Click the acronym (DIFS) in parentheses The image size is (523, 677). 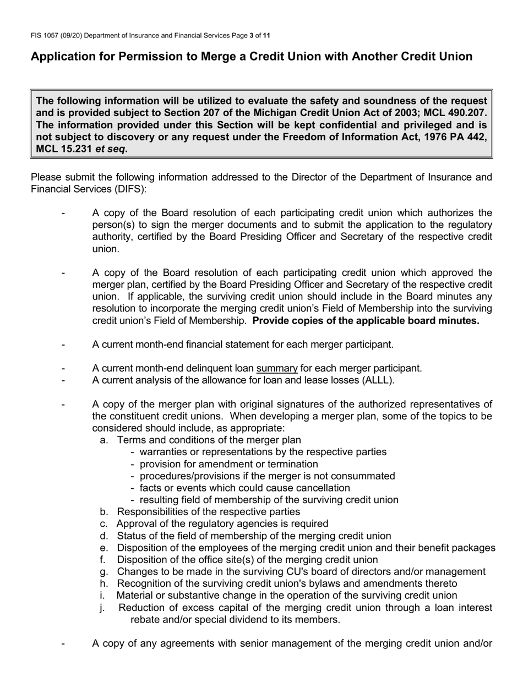[129, 189]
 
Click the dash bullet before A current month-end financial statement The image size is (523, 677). [64, 345]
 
